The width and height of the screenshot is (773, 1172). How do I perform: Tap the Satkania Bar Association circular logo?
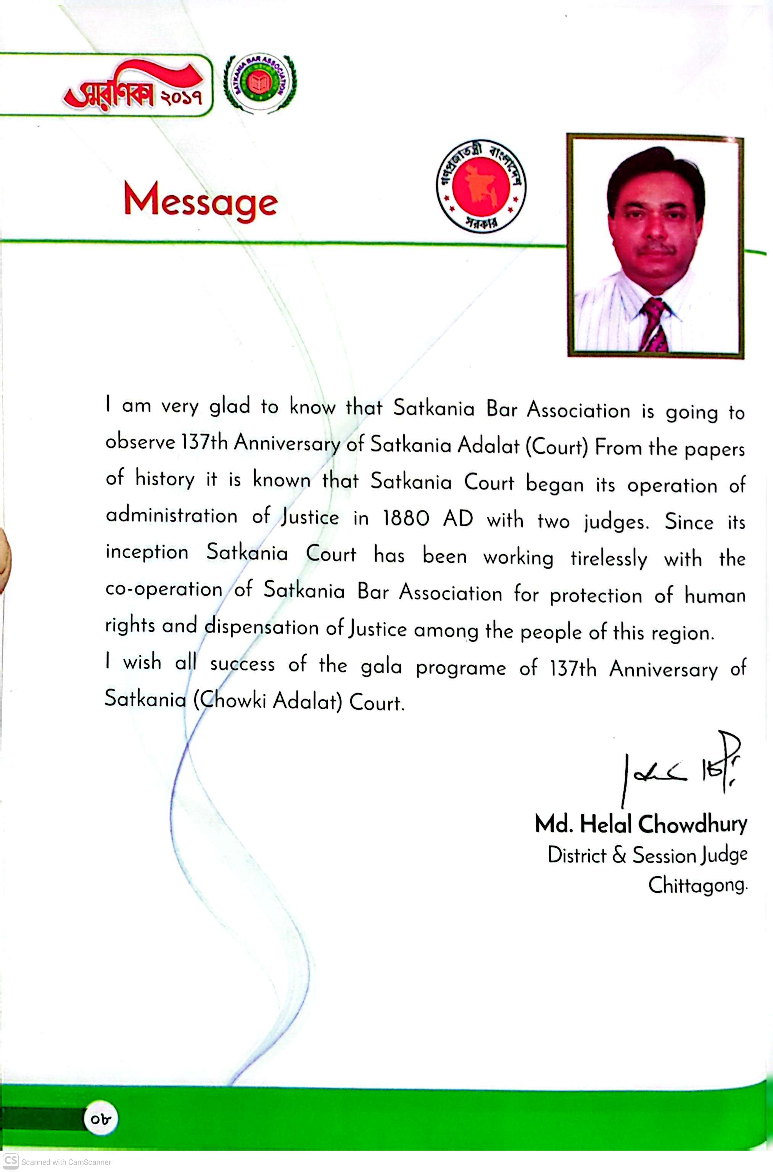(260, 83)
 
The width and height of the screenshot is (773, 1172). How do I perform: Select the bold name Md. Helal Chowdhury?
(641, 824)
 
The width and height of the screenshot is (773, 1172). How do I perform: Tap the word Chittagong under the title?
(697, 885)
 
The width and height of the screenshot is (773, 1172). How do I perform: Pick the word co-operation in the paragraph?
(164, 589)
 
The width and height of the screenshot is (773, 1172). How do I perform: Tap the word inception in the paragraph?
(147, 552)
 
